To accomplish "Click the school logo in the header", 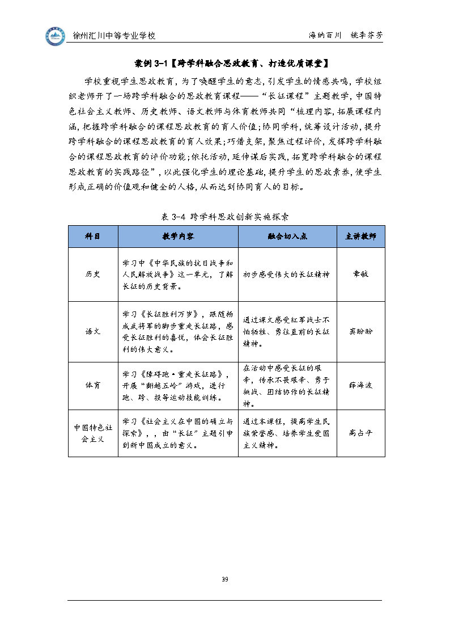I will pyautogui.click(x=56, y=36).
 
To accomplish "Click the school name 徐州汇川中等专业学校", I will pyautogui.click(x=114, y=35).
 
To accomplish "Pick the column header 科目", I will pyautogui.click(x=93, y=237).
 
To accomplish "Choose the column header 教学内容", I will pyautogui.click(x=178, y=237).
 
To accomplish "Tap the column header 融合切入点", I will pyautogui.click(x=287, y=237).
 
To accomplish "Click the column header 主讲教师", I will pyautogui.click(x=360, y=237).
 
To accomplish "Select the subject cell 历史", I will pyautogui.click(x=93, y=274).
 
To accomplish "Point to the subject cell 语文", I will pyautogui.click(x=93, y=331).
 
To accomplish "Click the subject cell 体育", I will pyautogui.click(x=93, y=385).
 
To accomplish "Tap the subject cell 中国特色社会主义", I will pyautogui.click(x=93, y=433).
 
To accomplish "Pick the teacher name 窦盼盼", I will pyautogui.click(x=360, y=331).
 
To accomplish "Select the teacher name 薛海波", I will pyautogui.click(x=360, y=385).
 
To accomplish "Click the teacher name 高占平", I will pyautogui.click(x=360, y=433).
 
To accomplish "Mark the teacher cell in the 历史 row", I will pyautogui.click(x=360, y=274).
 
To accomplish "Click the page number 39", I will pyautogui.click(x=225, y=579).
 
